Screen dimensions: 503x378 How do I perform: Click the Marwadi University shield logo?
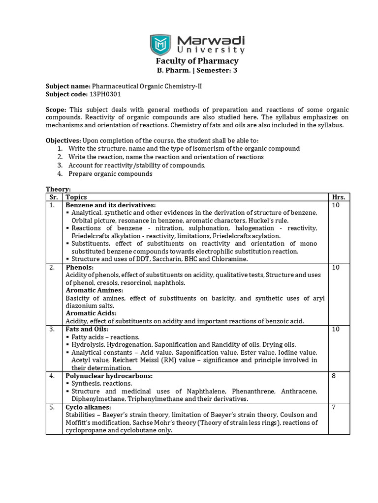[x=160, y=44]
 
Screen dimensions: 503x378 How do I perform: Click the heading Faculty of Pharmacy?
[x=197, y=61]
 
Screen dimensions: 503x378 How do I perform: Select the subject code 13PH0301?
[x=104, y=94]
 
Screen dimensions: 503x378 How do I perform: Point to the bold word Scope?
[x=57, y=110]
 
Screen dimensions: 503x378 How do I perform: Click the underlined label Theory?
[x=58, y=189]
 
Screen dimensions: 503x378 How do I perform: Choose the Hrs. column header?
[x=339, y=197]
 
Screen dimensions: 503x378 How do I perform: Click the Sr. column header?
[x=54, y=197]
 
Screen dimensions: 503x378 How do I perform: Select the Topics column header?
[x=76, y=197]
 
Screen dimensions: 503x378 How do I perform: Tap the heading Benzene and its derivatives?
[x=111, y=205]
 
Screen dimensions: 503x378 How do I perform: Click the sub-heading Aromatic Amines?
[x=94, y=290]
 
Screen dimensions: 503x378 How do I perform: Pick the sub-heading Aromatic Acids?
[x=91, y=313]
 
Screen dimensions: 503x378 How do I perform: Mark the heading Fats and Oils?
[x=87, y=329]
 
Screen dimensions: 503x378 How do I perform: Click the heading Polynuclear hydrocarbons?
[x=109, y=376]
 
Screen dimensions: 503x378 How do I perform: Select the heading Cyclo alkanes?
[x=88, y=407]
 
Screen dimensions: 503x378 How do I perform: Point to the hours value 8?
[x=334, y=376]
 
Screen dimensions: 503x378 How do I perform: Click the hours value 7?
[x=334, y=407]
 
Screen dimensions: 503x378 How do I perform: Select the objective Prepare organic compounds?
[x=110, y=173]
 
